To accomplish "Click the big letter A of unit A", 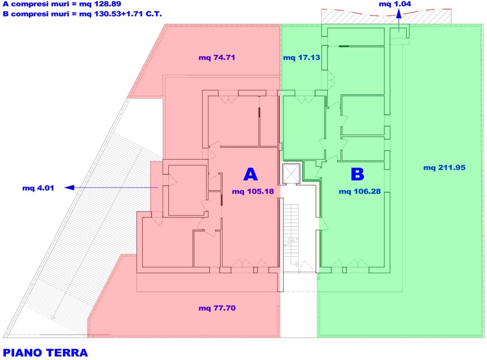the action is tap(250, 174).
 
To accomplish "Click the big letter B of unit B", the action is tap(357, 174).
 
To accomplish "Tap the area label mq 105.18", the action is tap(253, 191).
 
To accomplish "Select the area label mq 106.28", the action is tap(360, 191).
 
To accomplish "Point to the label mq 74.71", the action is tap(217, 58).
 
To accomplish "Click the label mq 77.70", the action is tap(217, 308).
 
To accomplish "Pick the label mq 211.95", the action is tap(445, 168).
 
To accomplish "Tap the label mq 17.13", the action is tap(301, 58).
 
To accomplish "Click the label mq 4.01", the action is tap(38, 188).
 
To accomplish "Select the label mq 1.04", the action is tap(395, 4).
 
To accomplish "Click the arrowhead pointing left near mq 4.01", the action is tap(69, 188).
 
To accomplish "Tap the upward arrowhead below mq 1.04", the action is tap(399, 14).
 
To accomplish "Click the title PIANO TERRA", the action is tap(45, 353).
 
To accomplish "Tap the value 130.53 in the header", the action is tap(107, 14).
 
